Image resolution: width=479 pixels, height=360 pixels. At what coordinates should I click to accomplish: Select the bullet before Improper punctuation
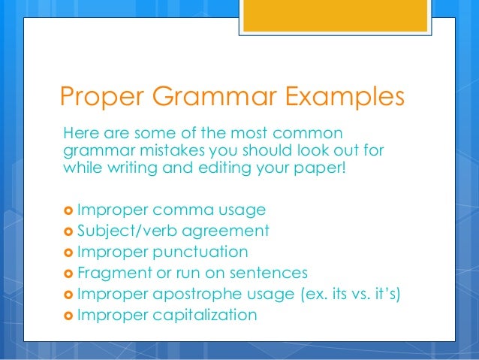pos(65,252)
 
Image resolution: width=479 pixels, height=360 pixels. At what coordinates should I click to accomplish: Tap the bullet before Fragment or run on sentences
pos(65,273)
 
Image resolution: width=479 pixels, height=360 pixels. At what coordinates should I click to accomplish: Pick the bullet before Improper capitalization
pos(65,315)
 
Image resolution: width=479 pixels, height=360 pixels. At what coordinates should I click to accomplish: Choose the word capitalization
pos(205,315)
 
